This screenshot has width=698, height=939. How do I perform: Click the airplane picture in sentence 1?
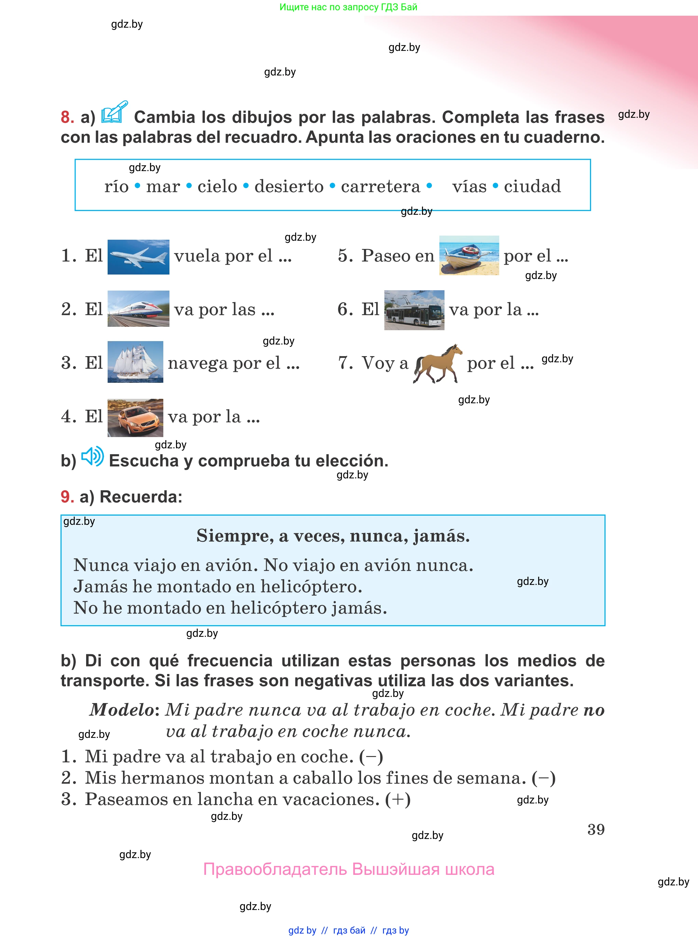click(x=138, y=257)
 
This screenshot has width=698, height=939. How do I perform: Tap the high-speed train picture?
click(x=138, y=309)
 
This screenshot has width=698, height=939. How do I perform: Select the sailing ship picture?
click(x=135, y=362)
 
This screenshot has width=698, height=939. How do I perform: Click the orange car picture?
click(x=135, y=418)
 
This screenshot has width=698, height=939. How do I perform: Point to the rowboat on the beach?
click(x=469, y=255)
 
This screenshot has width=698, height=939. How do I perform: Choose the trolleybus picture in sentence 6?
click(x=414, y=310)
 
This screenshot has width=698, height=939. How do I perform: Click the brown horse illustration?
click(x=437, y=364)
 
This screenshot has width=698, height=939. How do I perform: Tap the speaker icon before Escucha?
click(x=92, y=457)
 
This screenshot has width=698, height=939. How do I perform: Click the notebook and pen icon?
click(x=114, y=112)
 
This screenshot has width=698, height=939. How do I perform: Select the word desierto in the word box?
click(x=289, y=186)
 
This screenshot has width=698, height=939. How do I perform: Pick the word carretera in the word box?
click(x=381, y=186)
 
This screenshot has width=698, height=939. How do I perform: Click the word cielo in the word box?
click(x=217, y=186)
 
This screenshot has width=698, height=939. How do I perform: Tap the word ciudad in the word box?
click(x=532, y=186)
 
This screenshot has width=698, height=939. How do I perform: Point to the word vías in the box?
click(x=469, y=186)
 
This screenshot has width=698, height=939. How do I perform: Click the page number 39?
click(x=596, y=830)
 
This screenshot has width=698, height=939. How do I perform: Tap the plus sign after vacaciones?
click(x=398, y=799)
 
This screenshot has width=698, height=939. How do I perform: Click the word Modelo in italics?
click(x=122, y=710)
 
